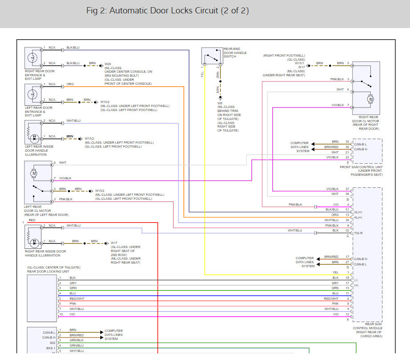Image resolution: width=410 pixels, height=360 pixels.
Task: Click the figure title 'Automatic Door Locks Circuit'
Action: (x=167, y=11)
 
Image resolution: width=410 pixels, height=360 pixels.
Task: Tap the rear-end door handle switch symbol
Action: (x=211, y=57)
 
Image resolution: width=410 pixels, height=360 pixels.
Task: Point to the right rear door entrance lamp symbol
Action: (x=33, y=58)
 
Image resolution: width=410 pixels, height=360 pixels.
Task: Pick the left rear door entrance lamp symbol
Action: (x=33, y=94)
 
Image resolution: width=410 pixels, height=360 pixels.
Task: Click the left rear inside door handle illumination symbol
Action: (x=33, y=131)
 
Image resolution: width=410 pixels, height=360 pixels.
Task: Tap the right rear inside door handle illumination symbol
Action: (x=33, y=236)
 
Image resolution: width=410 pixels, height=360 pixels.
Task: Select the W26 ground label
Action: (x=107, y=64)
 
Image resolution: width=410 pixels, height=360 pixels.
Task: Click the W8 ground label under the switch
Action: (x=220, y=103)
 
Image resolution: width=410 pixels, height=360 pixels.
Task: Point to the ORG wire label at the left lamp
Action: (x=70, y=84)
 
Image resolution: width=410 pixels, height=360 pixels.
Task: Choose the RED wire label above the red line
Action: (x=32, y=220)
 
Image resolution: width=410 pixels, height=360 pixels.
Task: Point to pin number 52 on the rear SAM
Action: (x=347, y=230)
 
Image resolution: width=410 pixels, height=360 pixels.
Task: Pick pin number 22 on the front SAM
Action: (x=347, y=157)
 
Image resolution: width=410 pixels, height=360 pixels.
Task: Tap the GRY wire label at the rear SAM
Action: (x=335, y=283)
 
